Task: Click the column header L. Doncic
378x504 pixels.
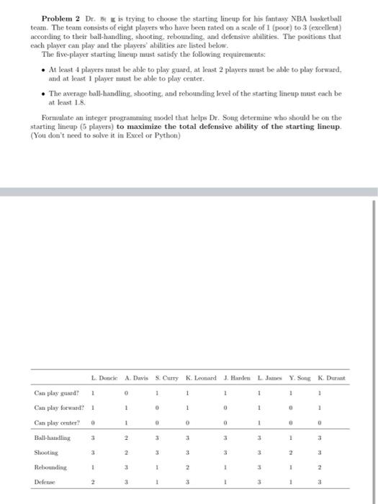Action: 104,378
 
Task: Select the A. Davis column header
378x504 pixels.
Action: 136,378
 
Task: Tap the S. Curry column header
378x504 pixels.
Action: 168,378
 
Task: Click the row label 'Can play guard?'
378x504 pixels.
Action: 55,394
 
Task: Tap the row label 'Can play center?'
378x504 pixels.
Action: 56,425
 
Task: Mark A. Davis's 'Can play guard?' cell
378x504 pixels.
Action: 127,394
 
